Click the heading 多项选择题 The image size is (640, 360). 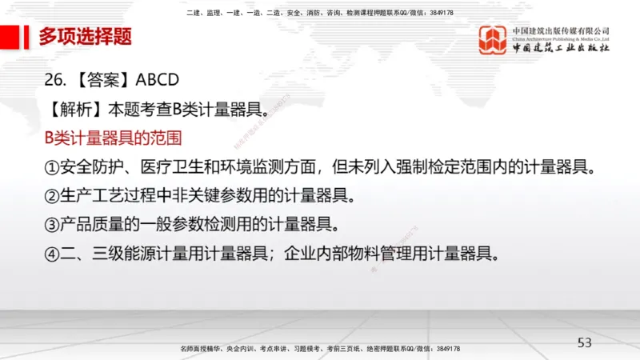click(x=85, y=36)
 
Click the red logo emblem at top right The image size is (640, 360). click(x=493, y=41)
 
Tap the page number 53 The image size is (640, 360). click(x=585, y=342)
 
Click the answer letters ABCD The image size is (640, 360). click(x=158, y=80)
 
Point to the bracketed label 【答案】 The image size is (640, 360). click(x=102, y=80)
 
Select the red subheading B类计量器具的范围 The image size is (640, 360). click(x=113, y=138)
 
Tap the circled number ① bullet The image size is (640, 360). click(x=52, y=167)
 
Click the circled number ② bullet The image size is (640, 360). click(x=52, y=196)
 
